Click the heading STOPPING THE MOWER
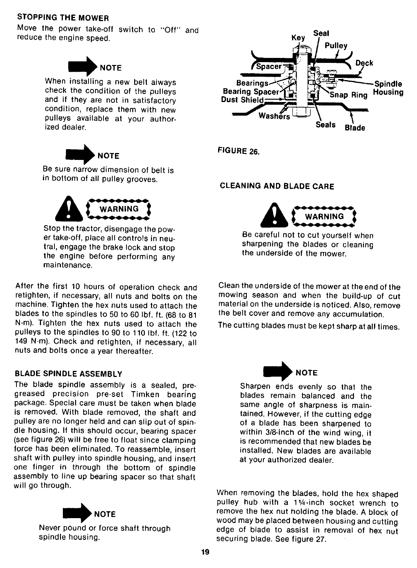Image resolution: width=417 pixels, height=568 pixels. point(63,18)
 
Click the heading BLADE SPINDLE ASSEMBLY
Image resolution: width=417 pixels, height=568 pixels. point(68,374)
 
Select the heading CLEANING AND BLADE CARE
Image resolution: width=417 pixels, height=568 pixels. point(276,186)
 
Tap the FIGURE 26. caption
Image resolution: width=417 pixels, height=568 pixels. point(240,151)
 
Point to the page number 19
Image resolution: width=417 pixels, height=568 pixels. point(205,552)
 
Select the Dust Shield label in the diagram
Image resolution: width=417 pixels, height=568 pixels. point(243,100)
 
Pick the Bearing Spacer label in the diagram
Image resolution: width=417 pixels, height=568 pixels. point(251,92)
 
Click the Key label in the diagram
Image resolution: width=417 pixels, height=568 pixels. point(298,38)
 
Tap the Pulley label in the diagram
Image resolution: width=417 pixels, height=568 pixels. point(336,46)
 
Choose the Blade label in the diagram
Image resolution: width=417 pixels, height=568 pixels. point(355,128)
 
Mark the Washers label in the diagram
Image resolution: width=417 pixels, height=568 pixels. point(274,116)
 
